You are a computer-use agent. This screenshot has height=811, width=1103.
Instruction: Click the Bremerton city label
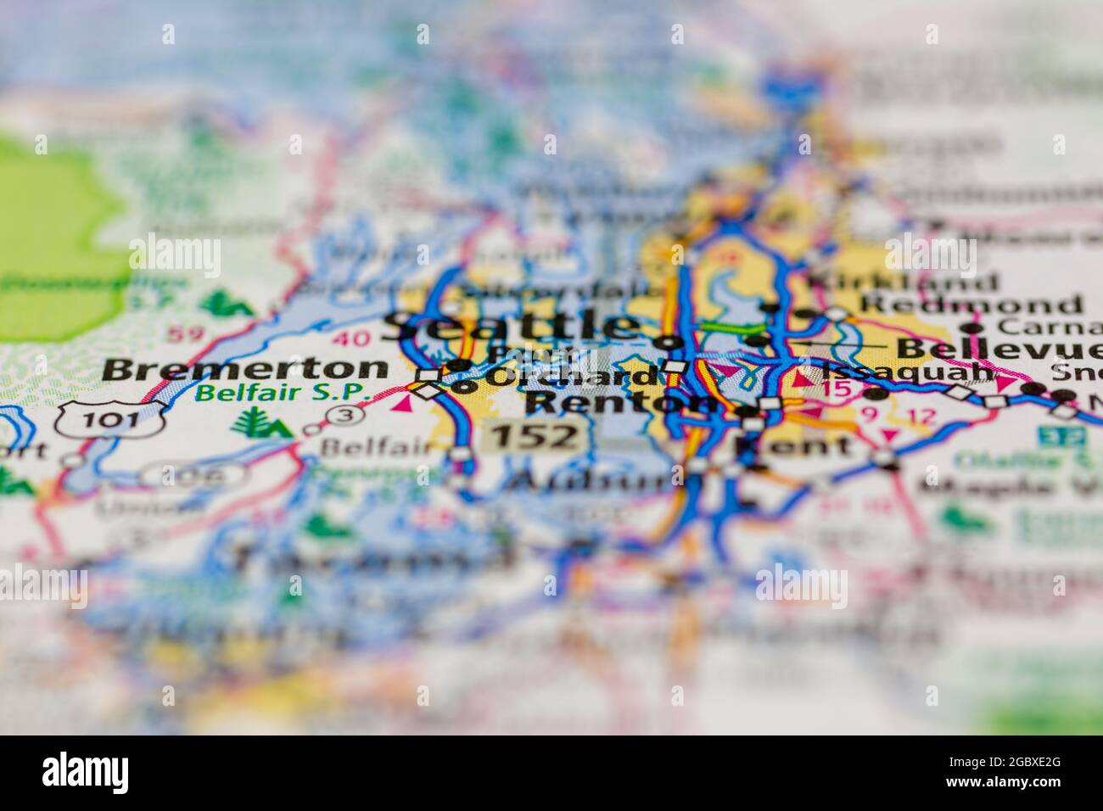pos(244,369)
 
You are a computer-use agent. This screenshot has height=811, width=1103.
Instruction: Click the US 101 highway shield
pos(111,419)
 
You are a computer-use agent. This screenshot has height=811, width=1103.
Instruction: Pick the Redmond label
pos(971,304)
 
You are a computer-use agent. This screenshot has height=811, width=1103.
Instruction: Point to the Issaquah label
pos(907,371)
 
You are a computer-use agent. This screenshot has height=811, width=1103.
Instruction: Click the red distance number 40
pos(351,338)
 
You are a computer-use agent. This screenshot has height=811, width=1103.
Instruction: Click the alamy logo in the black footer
pos(85,773)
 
